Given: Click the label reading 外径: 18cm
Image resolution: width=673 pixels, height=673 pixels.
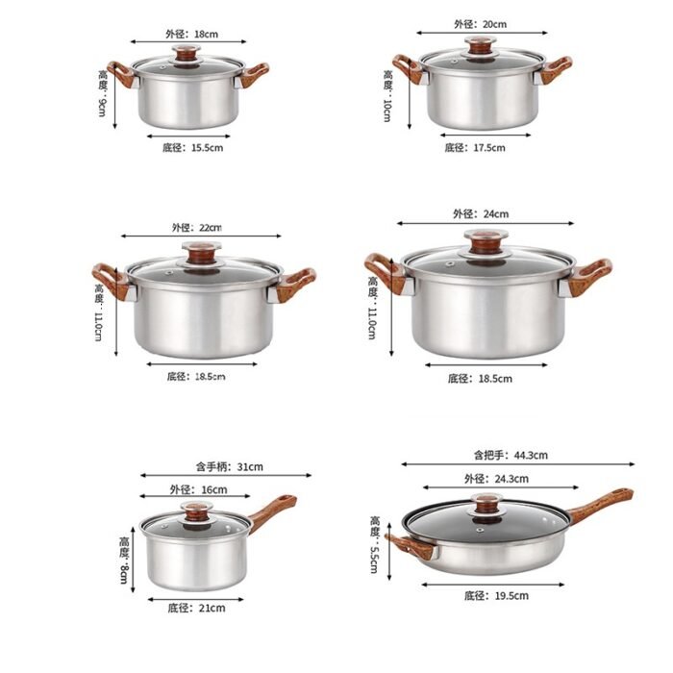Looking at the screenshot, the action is tap(192, 34).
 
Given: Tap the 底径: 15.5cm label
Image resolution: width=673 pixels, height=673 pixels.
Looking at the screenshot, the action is tap(192, 148).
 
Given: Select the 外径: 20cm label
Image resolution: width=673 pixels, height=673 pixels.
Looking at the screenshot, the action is tap(481, 24).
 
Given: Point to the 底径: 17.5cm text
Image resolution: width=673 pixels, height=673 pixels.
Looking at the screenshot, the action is tap(475, 148).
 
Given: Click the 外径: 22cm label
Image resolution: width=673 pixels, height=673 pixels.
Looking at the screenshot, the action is tap(197, 227).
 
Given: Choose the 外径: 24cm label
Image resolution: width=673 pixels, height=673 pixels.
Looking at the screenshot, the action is tap(481, 213).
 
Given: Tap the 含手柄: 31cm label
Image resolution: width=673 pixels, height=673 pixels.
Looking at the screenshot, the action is tap(229, 466).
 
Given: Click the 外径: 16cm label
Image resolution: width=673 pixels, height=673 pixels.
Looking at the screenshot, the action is tap(198, 489).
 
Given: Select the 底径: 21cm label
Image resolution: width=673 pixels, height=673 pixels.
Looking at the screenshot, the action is tap(196, 608).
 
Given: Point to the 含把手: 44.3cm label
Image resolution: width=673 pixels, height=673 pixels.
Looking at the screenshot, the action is tap(511, 455).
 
